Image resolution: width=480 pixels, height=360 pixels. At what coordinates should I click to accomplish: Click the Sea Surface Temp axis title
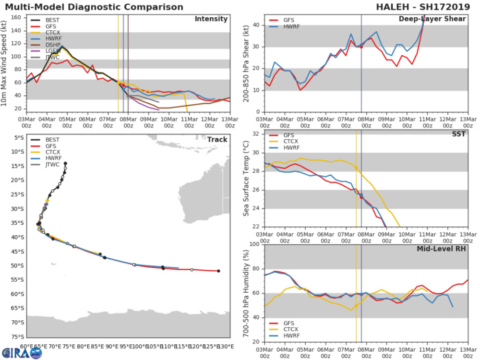245,180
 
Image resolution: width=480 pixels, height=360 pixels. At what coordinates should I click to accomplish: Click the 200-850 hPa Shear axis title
245,63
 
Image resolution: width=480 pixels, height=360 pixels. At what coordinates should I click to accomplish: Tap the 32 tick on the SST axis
254,134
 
